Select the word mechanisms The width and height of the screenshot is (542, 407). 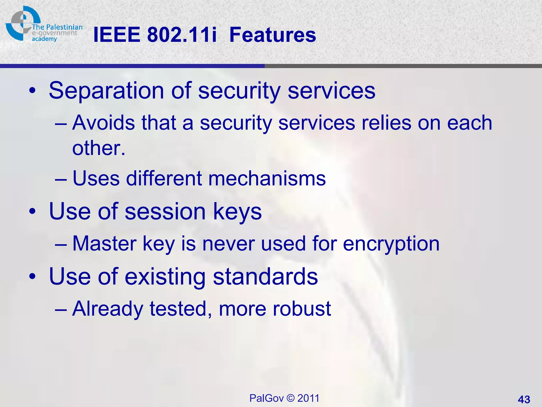click(267, 178)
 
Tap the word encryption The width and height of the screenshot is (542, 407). click(391, 244)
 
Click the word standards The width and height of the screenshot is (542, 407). click(265, 277)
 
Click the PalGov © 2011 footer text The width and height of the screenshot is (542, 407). click(284, 398)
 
